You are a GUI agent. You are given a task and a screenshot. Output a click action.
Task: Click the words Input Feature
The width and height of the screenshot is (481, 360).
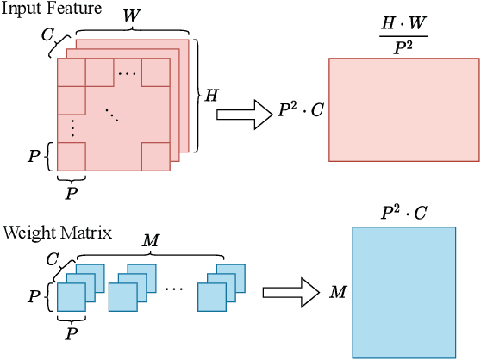click(x=41, y=9)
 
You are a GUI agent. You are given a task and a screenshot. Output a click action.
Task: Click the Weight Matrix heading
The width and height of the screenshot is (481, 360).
click(x=47, y=232)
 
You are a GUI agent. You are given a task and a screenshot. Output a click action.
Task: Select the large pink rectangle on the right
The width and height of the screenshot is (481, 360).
click(x=403, y=109)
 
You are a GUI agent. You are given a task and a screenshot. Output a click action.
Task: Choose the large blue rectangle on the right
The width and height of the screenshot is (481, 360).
click(x=403, y=291)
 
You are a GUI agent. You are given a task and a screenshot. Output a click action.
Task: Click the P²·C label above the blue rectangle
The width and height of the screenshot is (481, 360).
click(x=403, y=212)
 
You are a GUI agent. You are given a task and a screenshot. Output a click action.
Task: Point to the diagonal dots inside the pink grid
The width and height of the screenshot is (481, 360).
click(x=113, y=115)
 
